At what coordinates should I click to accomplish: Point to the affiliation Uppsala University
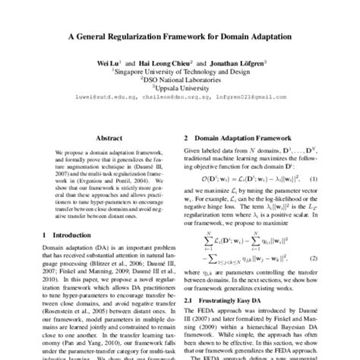pyautogui.click(x=180, y=87)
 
